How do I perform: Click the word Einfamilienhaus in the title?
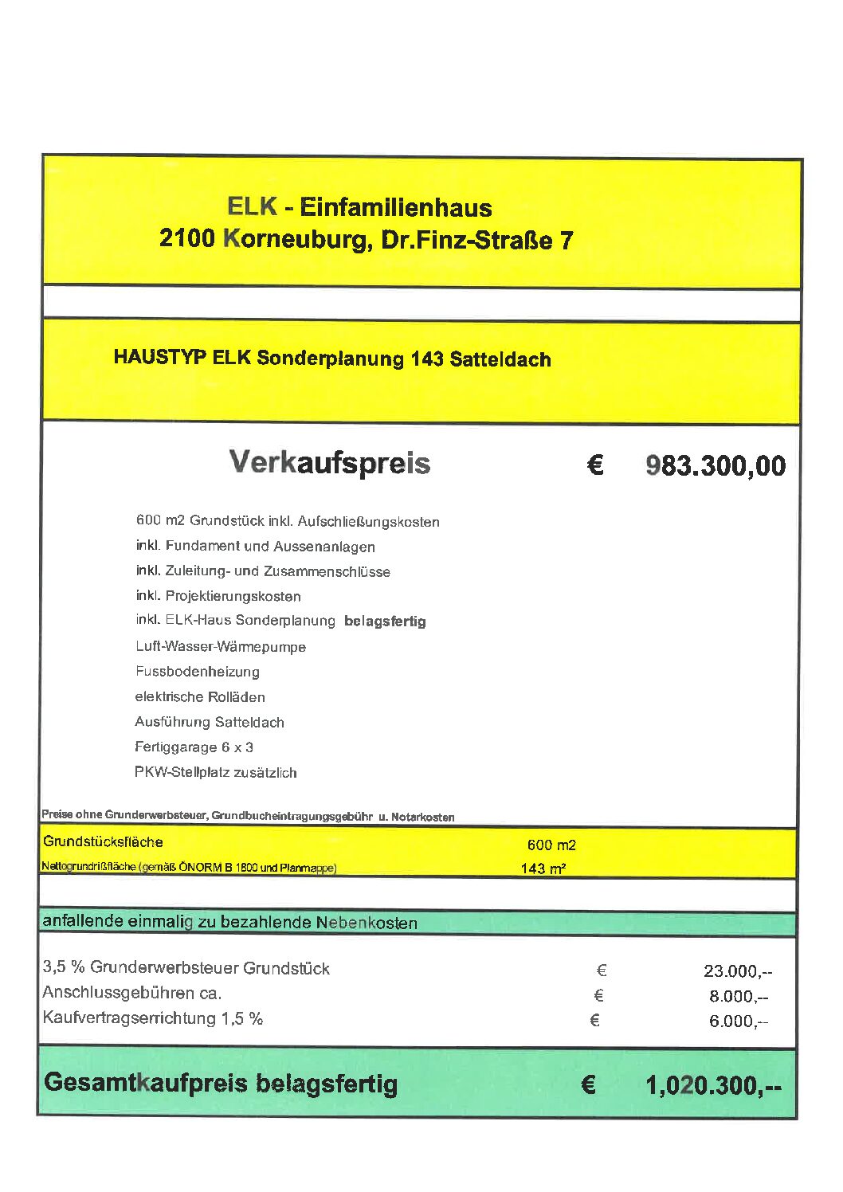(x=395, y=208)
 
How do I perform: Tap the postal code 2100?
(x=186, y=238)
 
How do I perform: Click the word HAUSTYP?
(x=159, y=357)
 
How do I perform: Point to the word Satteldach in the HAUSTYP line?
(x=500, y=359)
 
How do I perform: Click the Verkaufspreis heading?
(x=329, y=463)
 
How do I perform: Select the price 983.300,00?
(x=715, y=466)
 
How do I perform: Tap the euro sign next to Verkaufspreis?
(x=595, y=465)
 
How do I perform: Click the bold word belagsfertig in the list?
(x=385, y=621)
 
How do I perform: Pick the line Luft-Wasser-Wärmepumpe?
(x=221, y=647)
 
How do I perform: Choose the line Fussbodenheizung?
(x=197, y=672)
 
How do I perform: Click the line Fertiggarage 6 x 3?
(x=194, y=747)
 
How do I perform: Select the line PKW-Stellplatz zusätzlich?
(x=215, y=772)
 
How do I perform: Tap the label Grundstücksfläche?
(x=103, y=842)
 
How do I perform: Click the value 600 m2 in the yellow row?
(x=551, y=845)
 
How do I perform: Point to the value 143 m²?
(x=543, y=869)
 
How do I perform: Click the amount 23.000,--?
(x=737, y=971)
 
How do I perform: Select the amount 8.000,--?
(x=738, y=997)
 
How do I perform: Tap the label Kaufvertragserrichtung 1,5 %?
(x=153, y=1018)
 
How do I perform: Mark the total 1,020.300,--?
(x=713, y=1085)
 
